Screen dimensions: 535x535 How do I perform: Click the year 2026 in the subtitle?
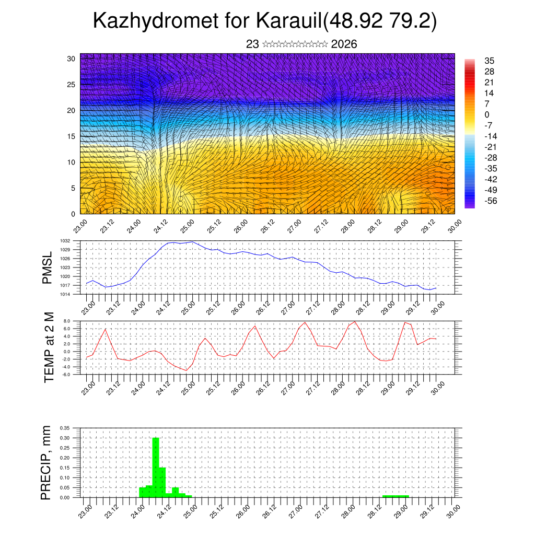[344, 44]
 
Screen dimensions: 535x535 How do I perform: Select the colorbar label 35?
[490, 61]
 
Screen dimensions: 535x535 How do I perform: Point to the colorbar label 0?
[487, 114]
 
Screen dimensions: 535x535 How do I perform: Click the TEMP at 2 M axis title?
[49, 347]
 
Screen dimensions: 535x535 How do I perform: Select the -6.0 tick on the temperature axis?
[66, 375]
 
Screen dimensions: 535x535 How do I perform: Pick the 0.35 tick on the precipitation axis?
[65, 428]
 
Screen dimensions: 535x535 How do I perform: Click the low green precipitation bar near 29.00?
[396, 496]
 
